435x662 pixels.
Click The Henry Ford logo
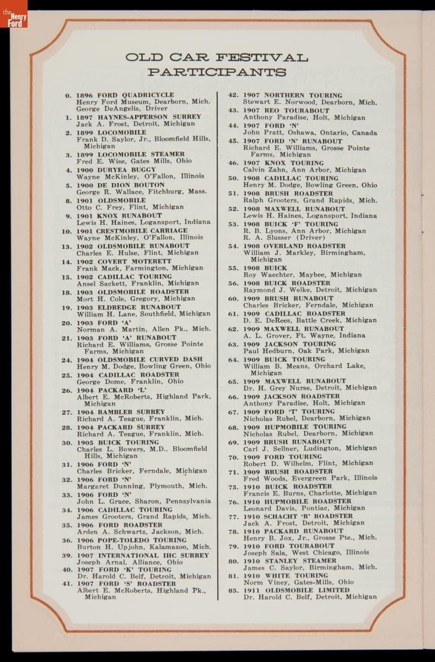14,14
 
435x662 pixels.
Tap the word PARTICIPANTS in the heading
217,72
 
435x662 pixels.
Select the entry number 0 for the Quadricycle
68,95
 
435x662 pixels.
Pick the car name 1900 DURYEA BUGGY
116,170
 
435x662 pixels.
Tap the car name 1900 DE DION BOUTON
120,185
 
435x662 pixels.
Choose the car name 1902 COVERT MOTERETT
123,261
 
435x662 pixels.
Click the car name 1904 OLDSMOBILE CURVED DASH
139,360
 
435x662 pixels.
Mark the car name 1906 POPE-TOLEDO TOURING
131,541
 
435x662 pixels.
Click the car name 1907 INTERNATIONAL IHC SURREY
142,556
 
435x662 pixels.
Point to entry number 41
67,584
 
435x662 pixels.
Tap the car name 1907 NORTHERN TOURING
293,95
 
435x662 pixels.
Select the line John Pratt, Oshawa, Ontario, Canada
310,133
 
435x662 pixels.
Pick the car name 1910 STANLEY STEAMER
289,561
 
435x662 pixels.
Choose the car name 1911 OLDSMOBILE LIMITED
296,590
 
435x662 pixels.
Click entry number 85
233,590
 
